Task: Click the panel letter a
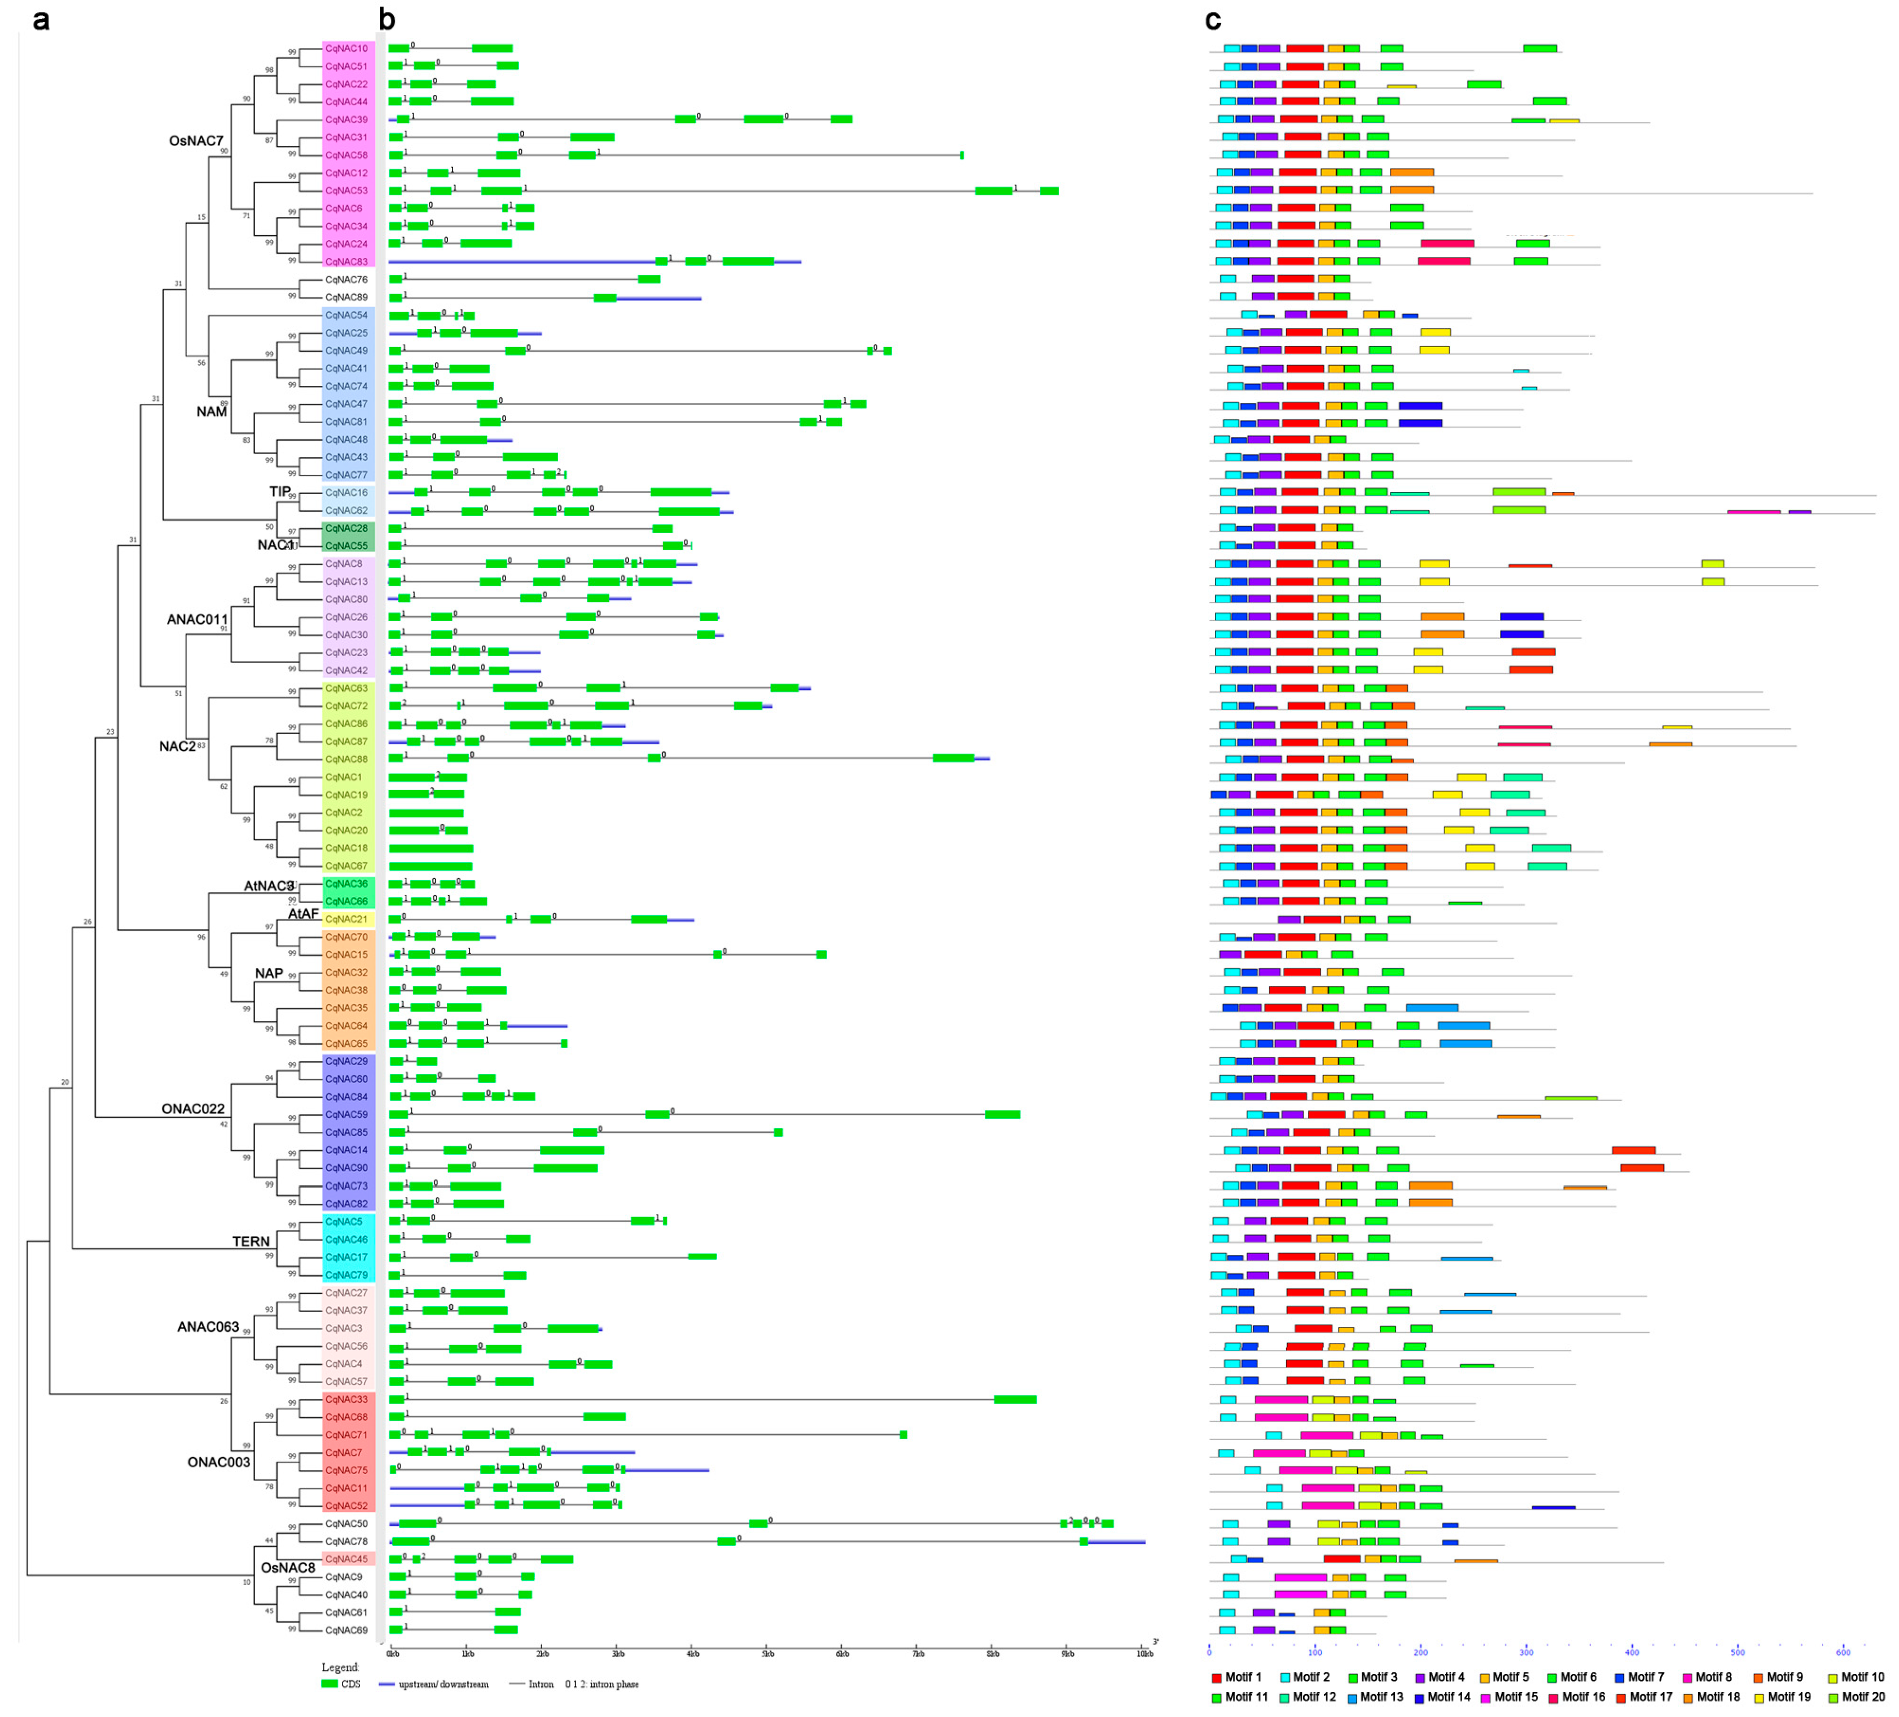40,20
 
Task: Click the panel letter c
1213,20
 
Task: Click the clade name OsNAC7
196,141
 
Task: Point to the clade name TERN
251,1242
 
